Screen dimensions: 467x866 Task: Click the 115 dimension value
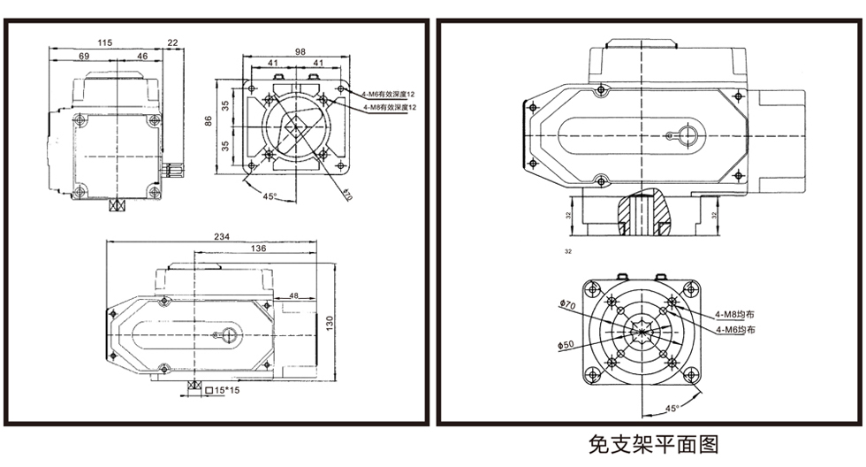tap(105, 42)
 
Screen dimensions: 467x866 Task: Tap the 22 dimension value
tap(172, 42)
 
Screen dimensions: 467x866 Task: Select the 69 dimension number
tap(84, 56)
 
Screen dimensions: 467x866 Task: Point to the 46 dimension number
tap(141, 56)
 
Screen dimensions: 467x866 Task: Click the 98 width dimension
tap(300, 52)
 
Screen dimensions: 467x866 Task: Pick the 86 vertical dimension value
tap(209, 120)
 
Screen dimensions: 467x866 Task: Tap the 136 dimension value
tap(257, 249)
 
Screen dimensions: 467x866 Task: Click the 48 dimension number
tap(293, 295)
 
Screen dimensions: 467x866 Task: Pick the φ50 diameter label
tap(566, 345)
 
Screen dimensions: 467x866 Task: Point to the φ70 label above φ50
tap(566, 306)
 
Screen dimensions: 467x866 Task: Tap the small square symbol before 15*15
tap(208, 389)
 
